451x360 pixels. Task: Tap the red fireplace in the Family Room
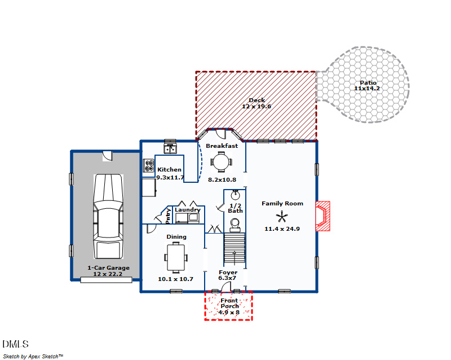coord(322,216)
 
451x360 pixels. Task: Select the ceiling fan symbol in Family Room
coord(282,216)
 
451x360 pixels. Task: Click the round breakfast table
coord(220,163)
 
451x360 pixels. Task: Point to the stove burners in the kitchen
coord(149,165)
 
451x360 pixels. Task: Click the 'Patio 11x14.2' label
coord(365,86)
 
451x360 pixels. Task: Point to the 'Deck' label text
coord(257,100)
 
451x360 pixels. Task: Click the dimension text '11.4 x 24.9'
coord(282,229)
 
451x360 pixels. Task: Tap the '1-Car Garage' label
coord(108,268)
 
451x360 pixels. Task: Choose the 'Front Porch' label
coord(229,304)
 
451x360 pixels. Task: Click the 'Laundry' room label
coord(187,210)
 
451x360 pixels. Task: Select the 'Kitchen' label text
coord(169,170)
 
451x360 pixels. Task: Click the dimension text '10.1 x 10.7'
coord(176,279)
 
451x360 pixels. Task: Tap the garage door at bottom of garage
coord(102,280)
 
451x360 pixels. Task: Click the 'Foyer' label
coord(228,273)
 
